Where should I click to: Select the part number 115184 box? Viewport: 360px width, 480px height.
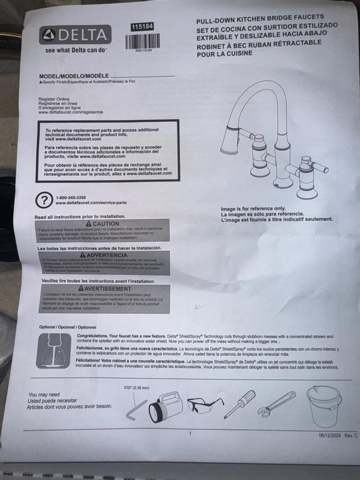(x=142, y=27)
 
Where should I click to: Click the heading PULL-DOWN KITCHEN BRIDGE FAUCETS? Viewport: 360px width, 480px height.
(x=268, y=20)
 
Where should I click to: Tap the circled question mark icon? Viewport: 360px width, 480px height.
(x=44, y=200)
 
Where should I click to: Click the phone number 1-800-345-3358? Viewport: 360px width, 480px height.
(x=70, y=197)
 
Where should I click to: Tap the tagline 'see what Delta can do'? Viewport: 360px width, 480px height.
(x=76, y=50)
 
